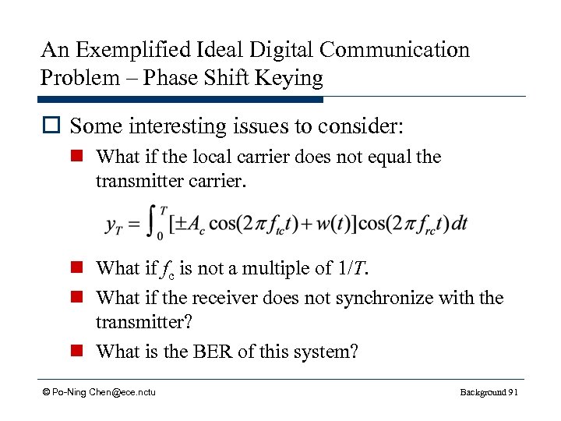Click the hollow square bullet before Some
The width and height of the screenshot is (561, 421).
coord(51,126)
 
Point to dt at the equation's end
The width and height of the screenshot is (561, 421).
coord(460,224)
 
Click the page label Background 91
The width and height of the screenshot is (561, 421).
coord(489,391)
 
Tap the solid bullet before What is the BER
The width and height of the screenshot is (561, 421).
coord(79,352)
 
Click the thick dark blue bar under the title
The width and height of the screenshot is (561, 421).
coord(180,100)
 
